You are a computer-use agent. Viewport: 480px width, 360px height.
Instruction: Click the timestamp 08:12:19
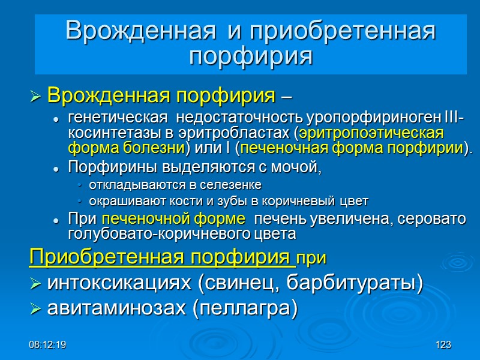tap(50, 345)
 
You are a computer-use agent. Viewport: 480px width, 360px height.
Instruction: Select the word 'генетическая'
tap(107, 119)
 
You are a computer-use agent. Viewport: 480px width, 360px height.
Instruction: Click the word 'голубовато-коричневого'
tap(153, 233)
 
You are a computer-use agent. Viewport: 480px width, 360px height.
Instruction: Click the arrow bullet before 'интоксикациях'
tap(35, 283)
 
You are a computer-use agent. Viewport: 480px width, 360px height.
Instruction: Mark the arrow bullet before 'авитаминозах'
tap(35, 309)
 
